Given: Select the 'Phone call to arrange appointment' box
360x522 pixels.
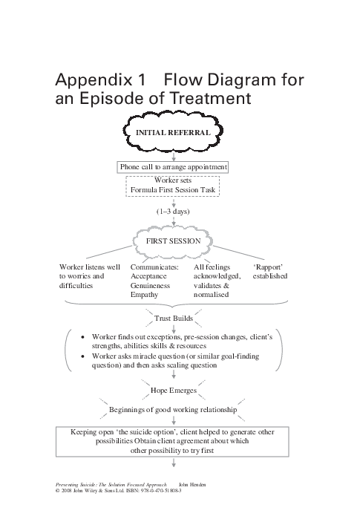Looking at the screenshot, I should click(173, 167).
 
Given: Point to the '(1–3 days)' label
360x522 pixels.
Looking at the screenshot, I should click(173, 211).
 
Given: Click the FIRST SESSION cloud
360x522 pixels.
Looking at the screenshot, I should click(173, 241).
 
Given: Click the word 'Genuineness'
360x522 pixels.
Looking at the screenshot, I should click(151, 285).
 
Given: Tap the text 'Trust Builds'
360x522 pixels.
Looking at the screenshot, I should click(173, 319).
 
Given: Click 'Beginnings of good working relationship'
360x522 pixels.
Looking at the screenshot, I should click(173, 409).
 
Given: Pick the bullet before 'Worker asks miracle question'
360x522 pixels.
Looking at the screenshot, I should click(84, 356).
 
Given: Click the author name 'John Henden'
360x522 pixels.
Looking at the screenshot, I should click(194, 484).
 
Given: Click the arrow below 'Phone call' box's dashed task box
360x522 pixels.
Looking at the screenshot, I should click(173, 201).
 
